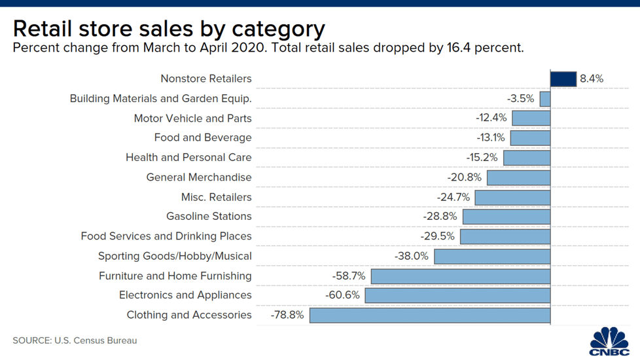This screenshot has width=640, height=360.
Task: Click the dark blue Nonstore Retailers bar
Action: [563, 79]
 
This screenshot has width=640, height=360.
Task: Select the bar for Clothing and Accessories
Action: [429, 315]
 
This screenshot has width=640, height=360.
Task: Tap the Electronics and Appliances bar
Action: [457, 295]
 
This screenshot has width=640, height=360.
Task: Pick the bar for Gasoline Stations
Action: [506, 217]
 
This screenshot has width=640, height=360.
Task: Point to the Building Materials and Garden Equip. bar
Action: [544, 99]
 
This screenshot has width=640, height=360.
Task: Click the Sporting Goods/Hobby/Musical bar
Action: [492, 256]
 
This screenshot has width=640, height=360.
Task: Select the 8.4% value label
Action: [592, 79]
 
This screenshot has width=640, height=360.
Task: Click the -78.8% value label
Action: [287, 315]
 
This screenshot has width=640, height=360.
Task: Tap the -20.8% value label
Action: [465, 177]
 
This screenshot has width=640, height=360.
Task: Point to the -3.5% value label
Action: [521, 99]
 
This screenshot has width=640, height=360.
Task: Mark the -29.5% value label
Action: [438, 236]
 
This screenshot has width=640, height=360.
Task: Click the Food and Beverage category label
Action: [203, 137]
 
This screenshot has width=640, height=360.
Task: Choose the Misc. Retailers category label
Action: [216, 197]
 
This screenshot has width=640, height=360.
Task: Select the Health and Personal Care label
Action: [188, 158]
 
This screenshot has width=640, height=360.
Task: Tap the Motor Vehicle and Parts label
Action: [192, 118]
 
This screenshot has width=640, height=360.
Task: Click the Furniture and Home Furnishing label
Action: [175, 276]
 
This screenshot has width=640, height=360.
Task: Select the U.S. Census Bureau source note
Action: [95, 340]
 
